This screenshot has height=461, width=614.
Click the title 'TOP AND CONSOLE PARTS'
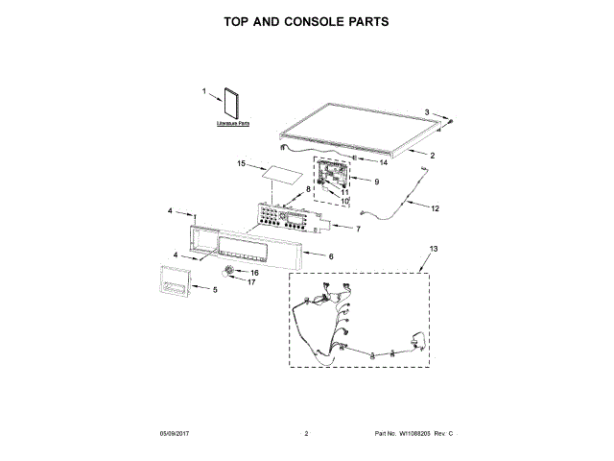306,20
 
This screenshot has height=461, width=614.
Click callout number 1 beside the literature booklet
204,91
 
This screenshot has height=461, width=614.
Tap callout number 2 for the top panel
432,156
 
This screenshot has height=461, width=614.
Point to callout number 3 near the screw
428,112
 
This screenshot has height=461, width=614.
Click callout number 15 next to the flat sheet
242,164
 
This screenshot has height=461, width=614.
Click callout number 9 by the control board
377,182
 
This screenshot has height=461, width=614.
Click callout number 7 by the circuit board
358,230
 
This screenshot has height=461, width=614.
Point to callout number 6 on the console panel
331,257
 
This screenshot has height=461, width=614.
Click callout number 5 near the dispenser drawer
214,289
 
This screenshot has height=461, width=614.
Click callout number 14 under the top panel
368,163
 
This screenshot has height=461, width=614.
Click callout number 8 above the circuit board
308,189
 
